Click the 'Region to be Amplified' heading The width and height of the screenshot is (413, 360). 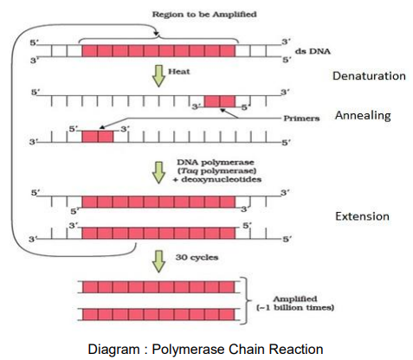[204, 15]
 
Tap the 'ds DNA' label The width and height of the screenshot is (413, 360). [313, 51]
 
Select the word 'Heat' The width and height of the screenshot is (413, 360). [179, 71]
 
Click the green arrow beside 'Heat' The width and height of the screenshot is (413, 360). [158, 76]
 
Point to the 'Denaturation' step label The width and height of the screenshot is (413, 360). [369, 76]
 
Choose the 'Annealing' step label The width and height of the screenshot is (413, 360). [363, 116]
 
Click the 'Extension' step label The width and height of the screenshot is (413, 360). [362, 216]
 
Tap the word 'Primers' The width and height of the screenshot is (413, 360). [301, 119]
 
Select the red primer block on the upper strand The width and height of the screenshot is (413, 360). [220, 101]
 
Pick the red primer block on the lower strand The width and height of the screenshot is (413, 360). [98, 137]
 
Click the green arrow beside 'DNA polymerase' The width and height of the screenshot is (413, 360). [158, 172]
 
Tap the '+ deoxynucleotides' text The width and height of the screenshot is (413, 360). [217, 179]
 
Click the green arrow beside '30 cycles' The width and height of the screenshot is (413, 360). [158, 261]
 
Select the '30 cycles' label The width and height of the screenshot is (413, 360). [197, 257]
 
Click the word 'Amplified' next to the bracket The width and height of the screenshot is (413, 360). [295, 299]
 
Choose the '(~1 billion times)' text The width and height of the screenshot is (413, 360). [295, 307]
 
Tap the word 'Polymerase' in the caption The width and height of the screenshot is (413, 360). [189, 350]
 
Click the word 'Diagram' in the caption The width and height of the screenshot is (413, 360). [113, 350]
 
